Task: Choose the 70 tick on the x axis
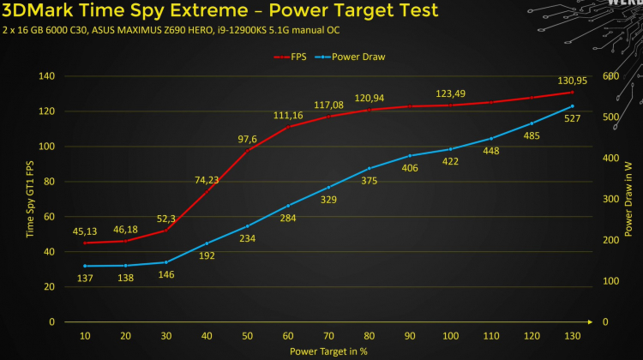(x=328, y=335)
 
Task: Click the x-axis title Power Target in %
(x=328, y=351)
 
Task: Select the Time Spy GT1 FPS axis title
(x=31, y=199)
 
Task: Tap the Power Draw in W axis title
(x=629, y=199)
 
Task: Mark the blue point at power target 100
(x=450, y=149)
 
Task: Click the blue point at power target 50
(x=247, y=226)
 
